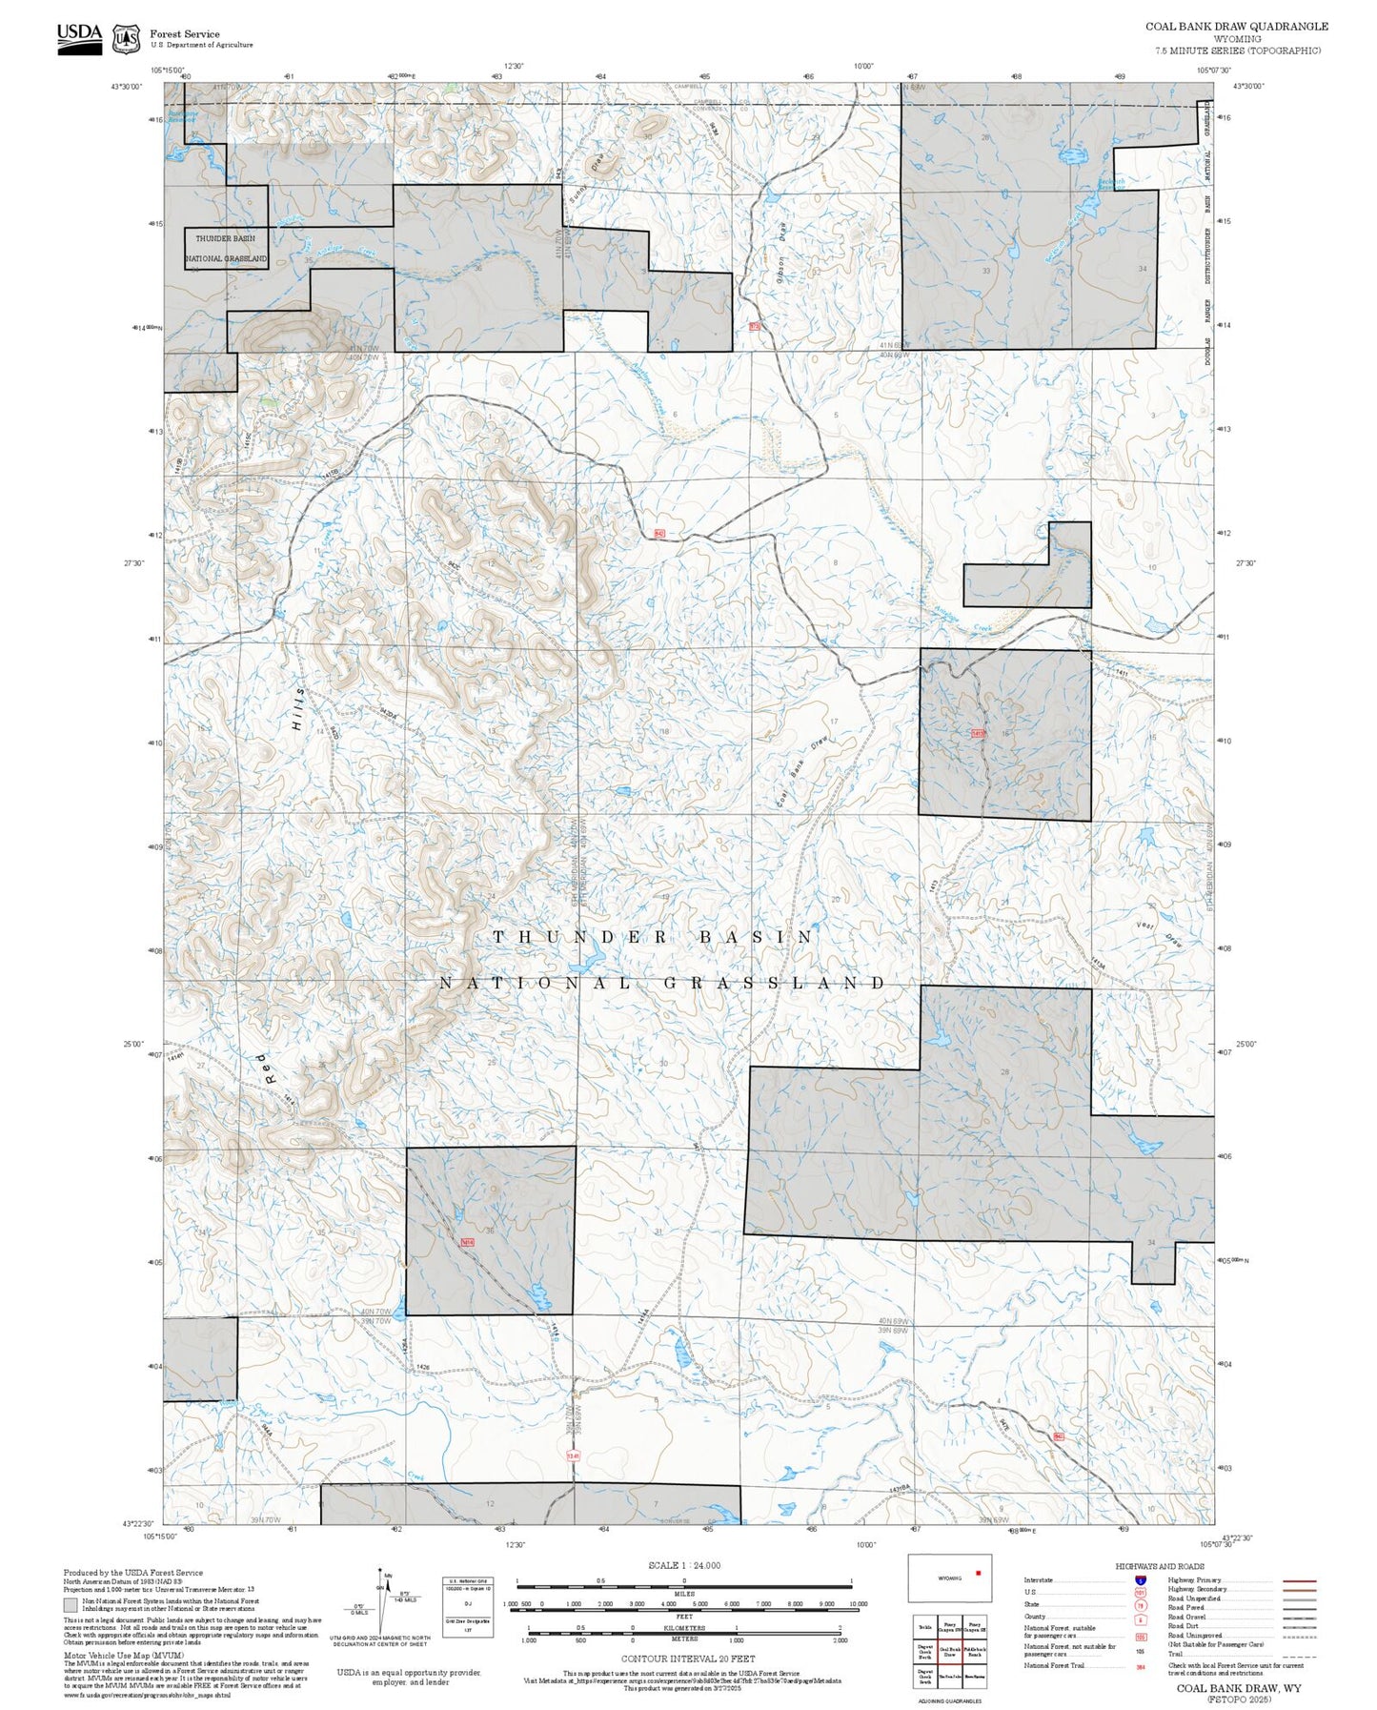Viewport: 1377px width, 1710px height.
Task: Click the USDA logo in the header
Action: tap(79, 37)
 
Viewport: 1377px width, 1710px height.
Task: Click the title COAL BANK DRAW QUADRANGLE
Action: tap(1236, 27)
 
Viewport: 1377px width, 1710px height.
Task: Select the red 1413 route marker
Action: tap(978, 733)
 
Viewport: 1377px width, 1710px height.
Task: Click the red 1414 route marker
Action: tap(467, 1242)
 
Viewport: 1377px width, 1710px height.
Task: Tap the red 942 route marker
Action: tap(659, 534)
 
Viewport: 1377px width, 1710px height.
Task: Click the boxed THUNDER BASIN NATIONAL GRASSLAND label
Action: tap(226, 248)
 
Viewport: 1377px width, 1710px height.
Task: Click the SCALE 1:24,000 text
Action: tap(683, 1565)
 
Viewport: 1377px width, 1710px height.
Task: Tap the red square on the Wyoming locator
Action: tap(978, 1573)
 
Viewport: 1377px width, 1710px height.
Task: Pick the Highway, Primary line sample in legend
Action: tap(1300, 1580)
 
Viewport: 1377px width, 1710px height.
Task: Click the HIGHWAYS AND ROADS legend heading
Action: tap(1160, 1566)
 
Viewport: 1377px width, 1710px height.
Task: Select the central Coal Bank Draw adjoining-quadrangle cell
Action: tap(949, 1653)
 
